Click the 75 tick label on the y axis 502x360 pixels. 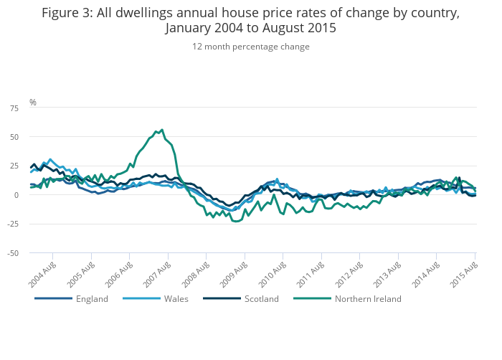[x=14, y=108]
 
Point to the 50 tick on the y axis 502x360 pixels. [x=14, y=136]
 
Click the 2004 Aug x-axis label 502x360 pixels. [x=43, y=273]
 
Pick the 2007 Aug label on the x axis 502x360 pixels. [x=158, y=273]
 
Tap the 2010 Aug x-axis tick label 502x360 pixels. [x=273, y=273]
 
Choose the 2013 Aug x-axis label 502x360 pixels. [x=388, y=273]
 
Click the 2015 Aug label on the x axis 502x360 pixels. [x=465, y=273]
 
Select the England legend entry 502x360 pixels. [x=92, y=298]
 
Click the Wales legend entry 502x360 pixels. [x=176, y=298]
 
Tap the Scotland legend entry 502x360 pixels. [x=261, y=298]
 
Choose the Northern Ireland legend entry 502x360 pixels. [x=368, y=298]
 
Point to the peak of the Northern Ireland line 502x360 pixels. [x=162, y=130]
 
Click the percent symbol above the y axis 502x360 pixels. [x=33, y=103]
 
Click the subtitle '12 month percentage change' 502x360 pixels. [x=251, y=47]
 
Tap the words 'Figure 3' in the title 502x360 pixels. [x=66, y=13]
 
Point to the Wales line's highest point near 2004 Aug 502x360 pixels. [x=49, y=159]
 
